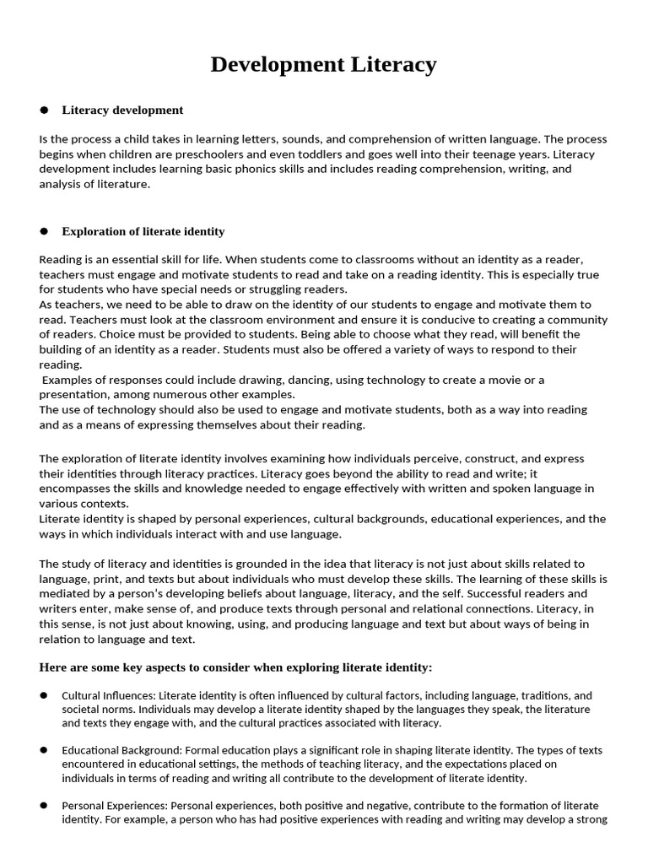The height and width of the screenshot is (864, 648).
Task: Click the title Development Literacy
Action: tap(323, 64)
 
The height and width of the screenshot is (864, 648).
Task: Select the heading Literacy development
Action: tap(122, 110)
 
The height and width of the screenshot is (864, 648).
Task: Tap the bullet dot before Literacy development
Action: tap(44, 111)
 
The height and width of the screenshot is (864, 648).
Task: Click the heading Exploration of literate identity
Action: tap(143, 231)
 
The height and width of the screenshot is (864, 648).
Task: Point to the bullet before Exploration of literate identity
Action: tap(44, 232)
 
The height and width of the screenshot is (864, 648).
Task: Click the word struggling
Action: tap(252, 289)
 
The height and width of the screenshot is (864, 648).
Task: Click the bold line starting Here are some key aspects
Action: tap(235, 667)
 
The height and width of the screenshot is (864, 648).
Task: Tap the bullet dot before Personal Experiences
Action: tap(44, 804)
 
